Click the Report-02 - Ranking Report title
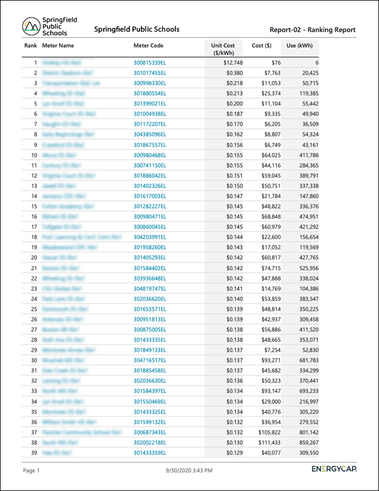click(x=313, y=30)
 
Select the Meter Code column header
click(x=148, y=45)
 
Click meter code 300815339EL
click(x=150, y=62)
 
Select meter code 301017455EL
click(x=150, y=73)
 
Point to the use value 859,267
click(x=306, y=443)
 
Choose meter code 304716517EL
click(x=150, y=360)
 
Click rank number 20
click(x=34, y=258)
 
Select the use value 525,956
click(x=306, y=268)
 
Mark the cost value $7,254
click(x=272, y=350)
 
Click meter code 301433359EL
click(x=150, y=453)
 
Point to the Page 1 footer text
click(x=31, y=470)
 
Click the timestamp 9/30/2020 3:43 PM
click(x=189, y=470)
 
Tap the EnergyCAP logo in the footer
click(x=334, y=469)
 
